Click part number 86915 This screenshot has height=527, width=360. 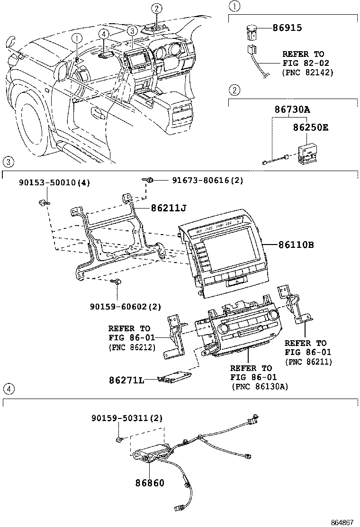pos(287,28)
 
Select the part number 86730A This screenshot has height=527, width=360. pos(292,109)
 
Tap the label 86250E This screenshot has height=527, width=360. pos(310,127)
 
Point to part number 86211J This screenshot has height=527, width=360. pos(170,207)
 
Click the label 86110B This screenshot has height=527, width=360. pos(296,245)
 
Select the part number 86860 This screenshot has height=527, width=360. pos(150,483)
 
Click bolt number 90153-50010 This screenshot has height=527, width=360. pos(47,182)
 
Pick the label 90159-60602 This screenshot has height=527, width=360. pos(118,308)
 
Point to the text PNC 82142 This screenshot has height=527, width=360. pos(307,73)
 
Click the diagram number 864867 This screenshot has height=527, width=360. pos(342,522)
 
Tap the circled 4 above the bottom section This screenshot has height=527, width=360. pos(9,389)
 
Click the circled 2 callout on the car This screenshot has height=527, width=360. pos(157,8)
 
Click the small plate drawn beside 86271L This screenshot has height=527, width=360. pos(175,377)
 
